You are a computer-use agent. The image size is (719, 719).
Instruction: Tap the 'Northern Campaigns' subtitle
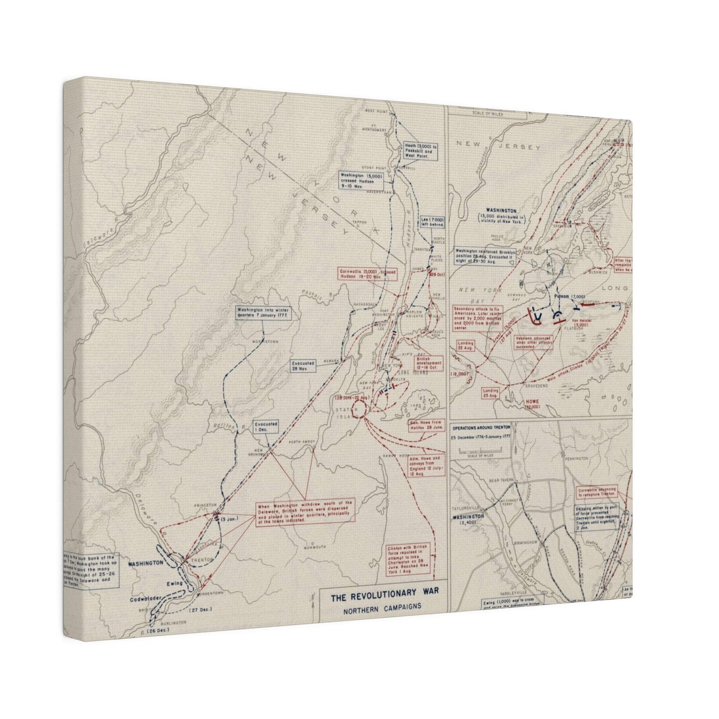click(382, 606)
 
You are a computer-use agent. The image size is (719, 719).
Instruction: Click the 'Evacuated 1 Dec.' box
click(265, 426)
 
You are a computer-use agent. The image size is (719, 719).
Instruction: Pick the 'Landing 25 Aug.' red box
click(490, 393)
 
